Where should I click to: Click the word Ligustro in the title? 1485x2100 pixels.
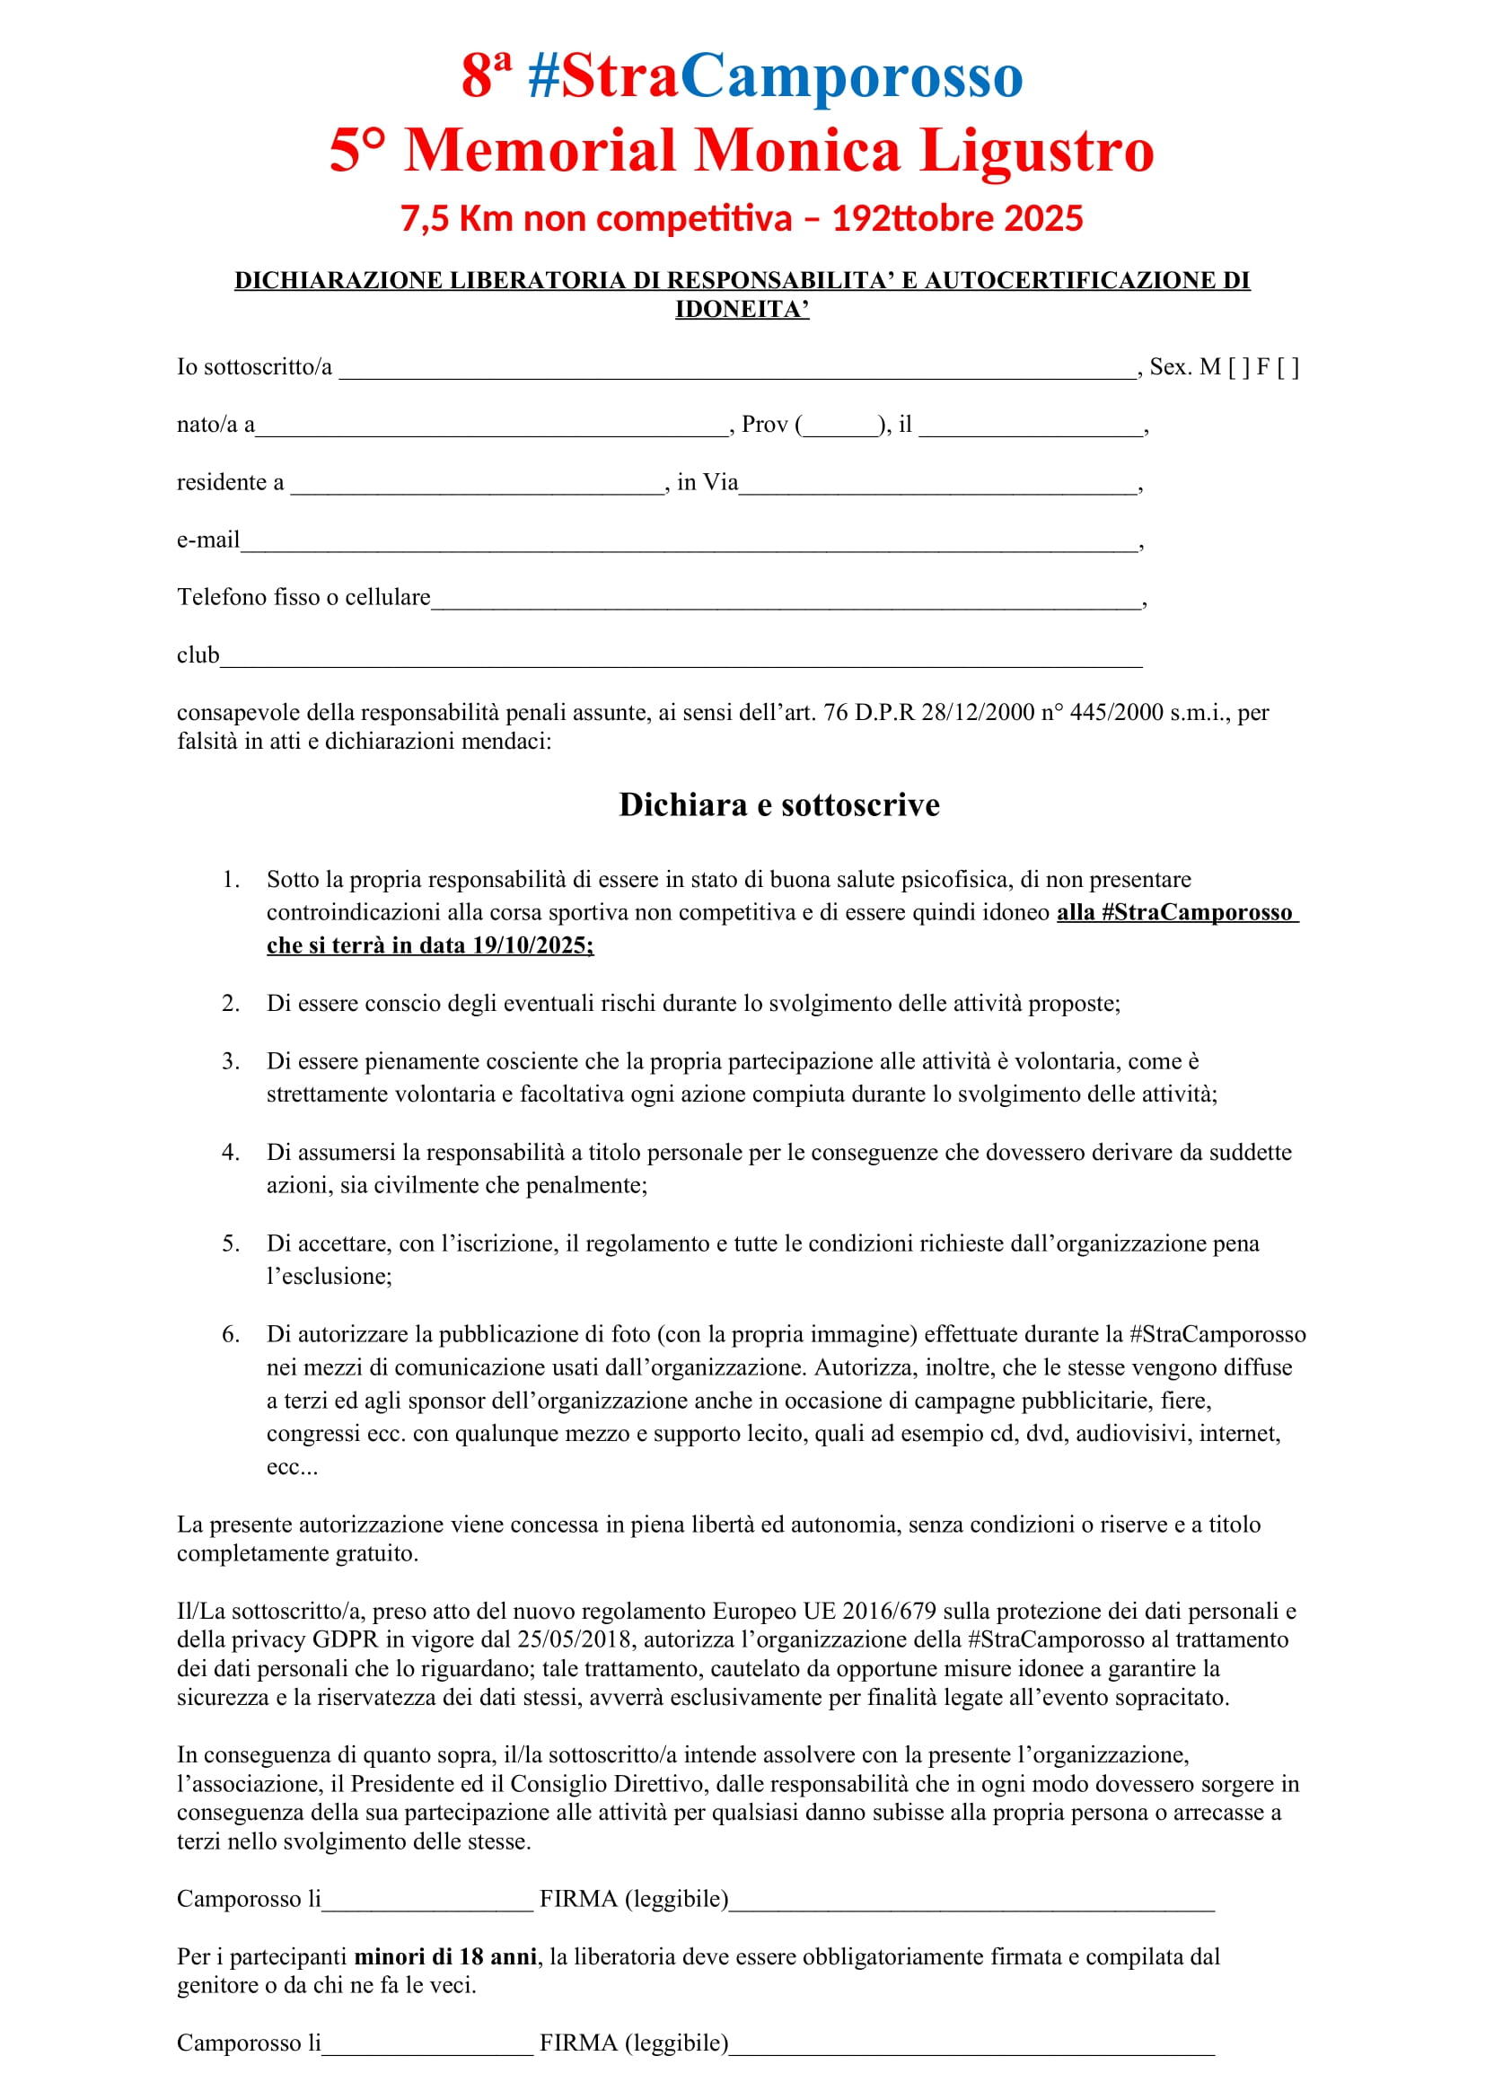pos(1036,150)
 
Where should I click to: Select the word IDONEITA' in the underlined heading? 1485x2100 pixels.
pos(742,309)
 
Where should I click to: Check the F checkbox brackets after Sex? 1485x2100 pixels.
pos(1287,368)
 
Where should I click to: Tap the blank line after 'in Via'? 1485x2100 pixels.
pos(938,485)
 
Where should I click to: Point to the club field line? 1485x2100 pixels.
pos(681,657)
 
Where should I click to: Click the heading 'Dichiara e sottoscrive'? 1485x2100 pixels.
pos(779,804)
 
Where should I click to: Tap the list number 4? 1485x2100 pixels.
pos(231,1153)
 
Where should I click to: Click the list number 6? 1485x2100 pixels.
pos(231,1334)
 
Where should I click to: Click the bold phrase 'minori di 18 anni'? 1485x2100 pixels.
pos(445,1957)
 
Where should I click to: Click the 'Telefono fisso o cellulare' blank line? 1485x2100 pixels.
pos(786,600)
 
